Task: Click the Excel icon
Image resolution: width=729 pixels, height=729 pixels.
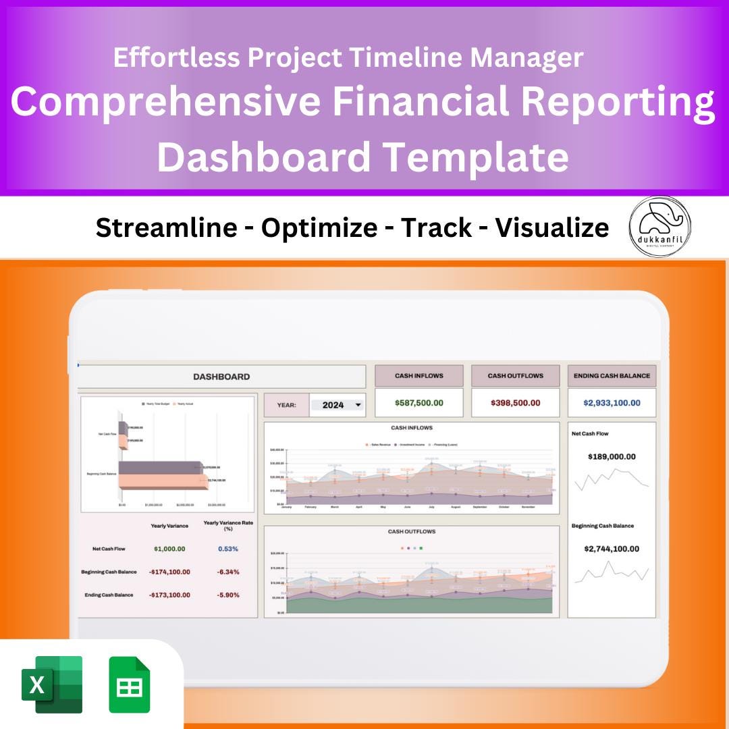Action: click(x=52, y=684)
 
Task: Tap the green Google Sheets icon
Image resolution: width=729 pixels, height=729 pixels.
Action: click(x=130, y=684)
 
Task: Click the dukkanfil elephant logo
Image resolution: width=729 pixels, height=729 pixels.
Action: click(x=659, y=227)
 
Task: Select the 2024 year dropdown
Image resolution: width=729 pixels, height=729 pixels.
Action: click(x=337, y=405)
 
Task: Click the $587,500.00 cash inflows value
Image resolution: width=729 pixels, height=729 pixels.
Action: click(x=418, y=403)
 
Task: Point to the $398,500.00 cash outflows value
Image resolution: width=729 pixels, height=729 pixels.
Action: click(x=515, y=403)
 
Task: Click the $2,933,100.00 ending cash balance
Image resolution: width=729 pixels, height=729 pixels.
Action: click(x=612, y=403)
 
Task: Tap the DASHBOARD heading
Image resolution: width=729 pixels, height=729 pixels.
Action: click(x=221, y=377)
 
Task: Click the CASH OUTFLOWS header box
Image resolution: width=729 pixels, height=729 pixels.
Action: click(x=515, y=376)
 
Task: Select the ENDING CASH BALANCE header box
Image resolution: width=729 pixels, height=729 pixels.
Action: click(x=612, y=376)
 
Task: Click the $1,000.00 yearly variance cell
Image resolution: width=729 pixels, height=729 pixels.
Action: click(x=169, y=549)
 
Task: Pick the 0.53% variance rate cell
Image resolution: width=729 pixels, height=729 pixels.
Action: click(x=228, y=549)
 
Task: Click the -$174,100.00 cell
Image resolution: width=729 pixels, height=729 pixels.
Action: click(x=169, y=572)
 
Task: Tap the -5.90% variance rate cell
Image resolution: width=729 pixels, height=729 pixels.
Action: click(x=228, y=595)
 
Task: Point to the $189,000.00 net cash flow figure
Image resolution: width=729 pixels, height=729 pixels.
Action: click(x=612, y=457)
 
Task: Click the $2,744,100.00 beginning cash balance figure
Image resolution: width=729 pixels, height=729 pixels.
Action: click(x=612, y=549)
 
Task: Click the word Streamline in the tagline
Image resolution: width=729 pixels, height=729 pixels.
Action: click(x=166, y=228)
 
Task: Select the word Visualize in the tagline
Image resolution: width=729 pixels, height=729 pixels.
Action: click(x=552, y=228)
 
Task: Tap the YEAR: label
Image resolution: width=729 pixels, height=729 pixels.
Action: click(x=286, y=405)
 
